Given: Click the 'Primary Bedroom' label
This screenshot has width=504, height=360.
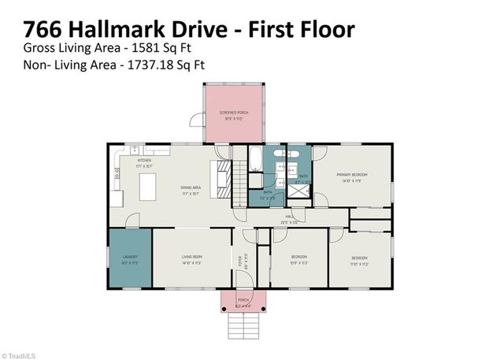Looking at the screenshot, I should (x=352, y=176).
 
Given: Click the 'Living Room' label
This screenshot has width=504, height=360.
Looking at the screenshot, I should (x=192, y=258).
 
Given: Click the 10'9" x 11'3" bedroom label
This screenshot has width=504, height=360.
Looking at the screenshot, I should (x=298, y=259).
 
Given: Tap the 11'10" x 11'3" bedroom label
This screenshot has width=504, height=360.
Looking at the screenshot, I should (x=358, y=259).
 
